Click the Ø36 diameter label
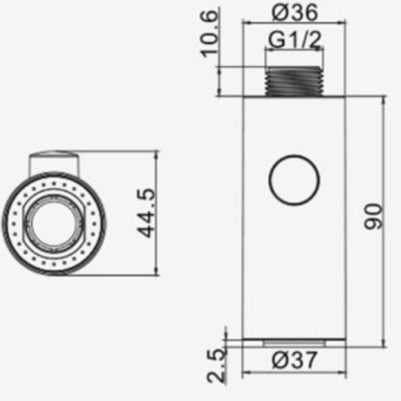(295, 12)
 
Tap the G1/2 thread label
(295, 40)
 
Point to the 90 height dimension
(373, 217)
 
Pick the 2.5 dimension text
(217, 366)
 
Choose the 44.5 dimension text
(146, 213)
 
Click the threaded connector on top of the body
(294, 81)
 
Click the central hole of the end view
(54, 223)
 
